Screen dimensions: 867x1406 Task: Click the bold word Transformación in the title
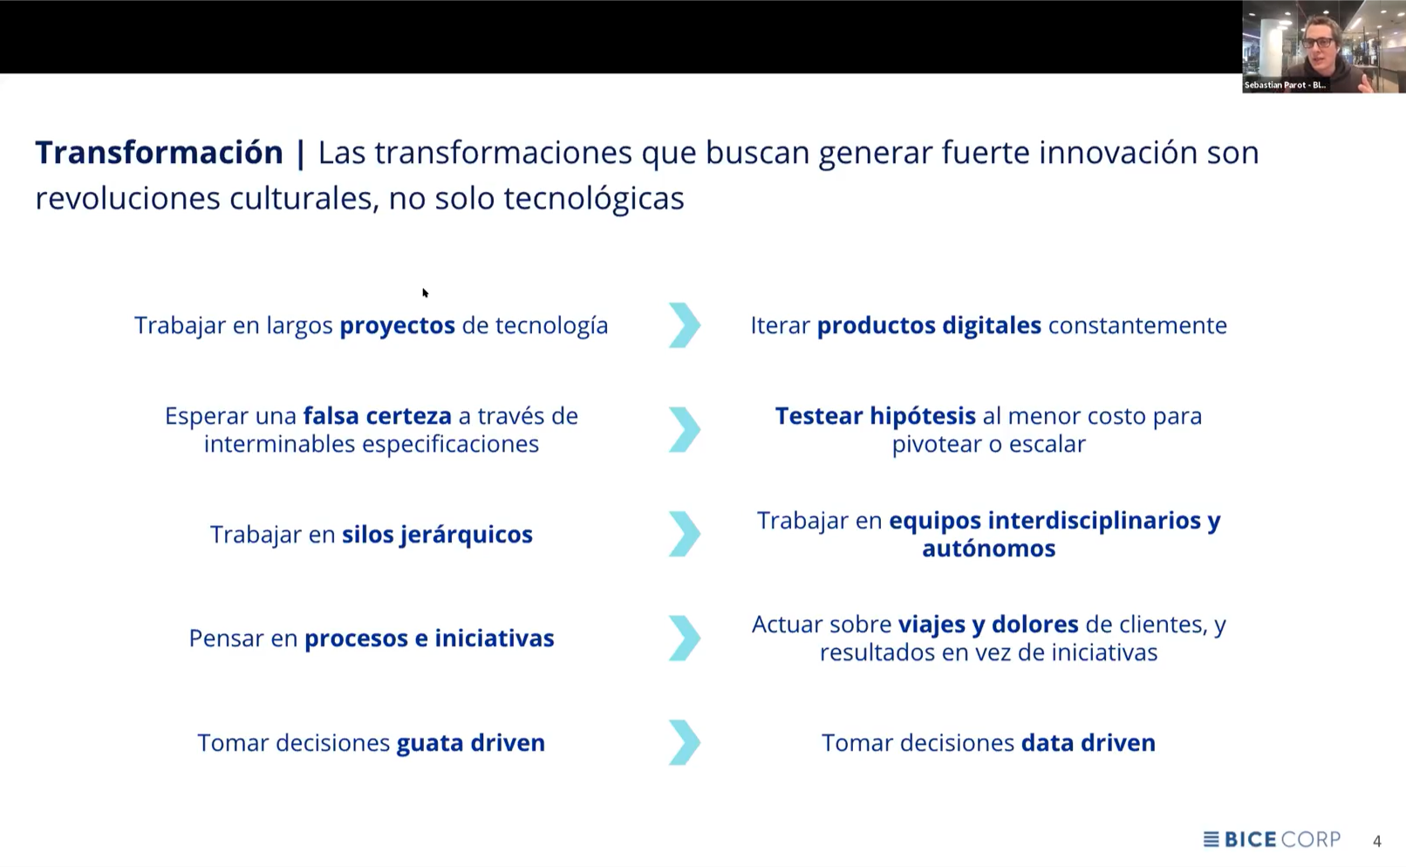pyautogui.click(x=159, y=153)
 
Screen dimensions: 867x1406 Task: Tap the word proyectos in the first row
pyautogui.click(x=397, y=325)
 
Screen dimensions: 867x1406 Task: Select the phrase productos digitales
pyautogui.click(x=929, y=325)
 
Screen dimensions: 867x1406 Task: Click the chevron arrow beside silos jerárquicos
pyautogui.click(x=685, y=534)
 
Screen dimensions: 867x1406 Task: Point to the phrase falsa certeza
pyautogui.click(x=377, y=416)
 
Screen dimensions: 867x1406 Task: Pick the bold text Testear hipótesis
pyautogui.click(x=875, y=416)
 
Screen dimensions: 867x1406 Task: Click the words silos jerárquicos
pyautogui.click(x=437, y=534)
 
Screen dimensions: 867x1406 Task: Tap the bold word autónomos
pyautogui.click(x=988, y=549)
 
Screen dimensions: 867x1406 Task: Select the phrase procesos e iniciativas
pyautogui.click(x=429, y=638)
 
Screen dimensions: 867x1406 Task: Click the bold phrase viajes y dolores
pyautogui.click(x=988, y=625)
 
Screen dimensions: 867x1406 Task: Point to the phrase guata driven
pyautogui.click(x=470, y=743)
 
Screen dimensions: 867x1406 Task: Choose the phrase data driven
pyautogui.click(x=1088, y=743)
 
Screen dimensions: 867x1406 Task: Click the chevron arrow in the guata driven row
pyautogui.click(x=685, y=743)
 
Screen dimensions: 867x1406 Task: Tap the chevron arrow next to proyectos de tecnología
pyautogui.click(x=685, y=325)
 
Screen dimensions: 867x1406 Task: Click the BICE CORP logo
pyautogui.click(x=1272, y=840)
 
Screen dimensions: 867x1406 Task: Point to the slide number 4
pyautogui.click(x=1377, y=842)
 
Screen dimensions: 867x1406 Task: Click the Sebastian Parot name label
pyautogui.click(x=1284, y=85)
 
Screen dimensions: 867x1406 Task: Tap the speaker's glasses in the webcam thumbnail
pyautogui.click(x=1317, y=42)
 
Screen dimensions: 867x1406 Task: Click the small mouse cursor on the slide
pyautogui.click(x=425, y=293)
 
